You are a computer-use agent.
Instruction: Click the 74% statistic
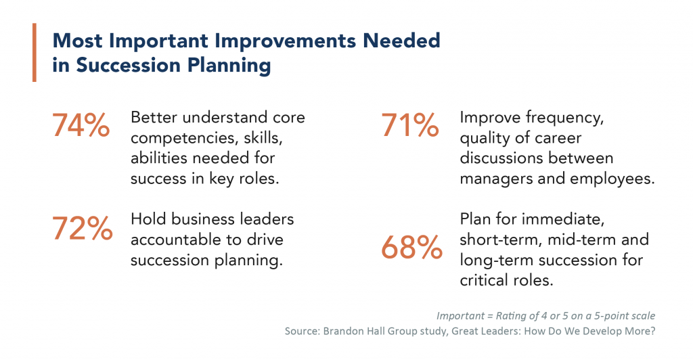[81, 125]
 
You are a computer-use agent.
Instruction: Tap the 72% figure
[82, 229]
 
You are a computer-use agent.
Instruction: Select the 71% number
[410, 125]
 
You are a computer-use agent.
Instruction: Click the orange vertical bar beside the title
[35, 52]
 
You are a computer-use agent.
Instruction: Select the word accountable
[172, 240]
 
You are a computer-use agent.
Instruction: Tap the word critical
[487, 281]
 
